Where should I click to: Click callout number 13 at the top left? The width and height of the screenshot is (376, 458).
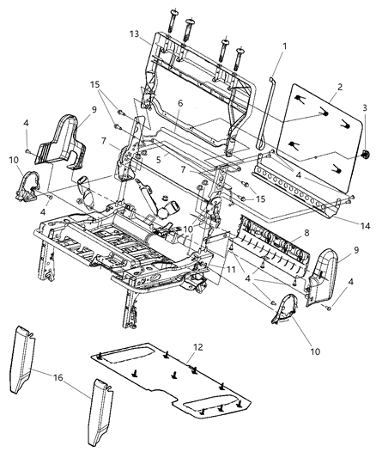point(134,34)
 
